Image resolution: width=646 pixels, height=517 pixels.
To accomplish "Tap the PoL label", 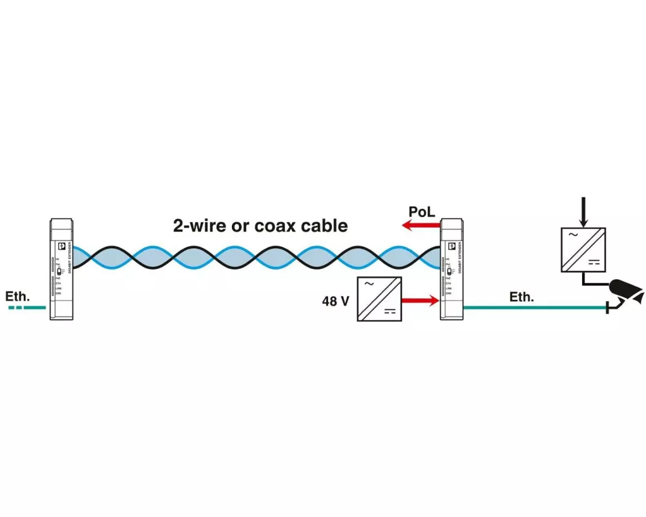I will (422, 211).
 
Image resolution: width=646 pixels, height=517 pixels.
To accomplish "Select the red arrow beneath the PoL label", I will (420, 226).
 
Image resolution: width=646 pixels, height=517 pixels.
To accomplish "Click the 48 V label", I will (335, 301).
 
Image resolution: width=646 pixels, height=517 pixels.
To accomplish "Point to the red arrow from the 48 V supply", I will (421, 301).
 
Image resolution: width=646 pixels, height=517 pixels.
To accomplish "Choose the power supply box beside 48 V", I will (379, 299).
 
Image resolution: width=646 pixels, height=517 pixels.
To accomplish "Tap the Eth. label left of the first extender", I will (17, 297).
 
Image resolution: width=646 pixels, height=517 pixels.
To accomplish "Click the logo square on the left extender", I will (63, 246).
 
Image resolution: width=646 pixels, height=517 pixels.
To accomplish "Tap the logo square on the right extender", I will (452, 246).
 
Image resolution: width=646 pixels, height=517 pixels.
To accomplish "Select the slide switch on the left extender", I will (59, 271).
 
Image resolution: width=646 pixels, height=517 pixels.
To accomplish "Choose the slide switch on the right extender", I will (448, 271).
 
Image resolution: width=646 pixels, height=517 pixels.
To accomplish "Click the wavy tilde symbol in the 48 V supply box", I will (369, 284).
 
